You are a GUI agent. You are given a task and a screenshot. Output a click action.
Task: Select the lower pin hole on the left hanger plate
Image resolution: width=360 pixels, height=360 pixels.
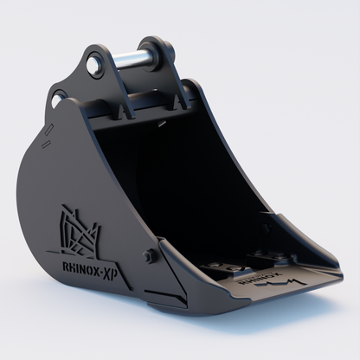pyautogui.click(x=58, y=101)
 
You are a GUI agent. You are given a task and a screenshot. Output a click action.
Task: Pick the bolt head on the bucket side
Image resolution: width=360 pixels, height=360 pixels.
pyautogui.click(x=151, y=256)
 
